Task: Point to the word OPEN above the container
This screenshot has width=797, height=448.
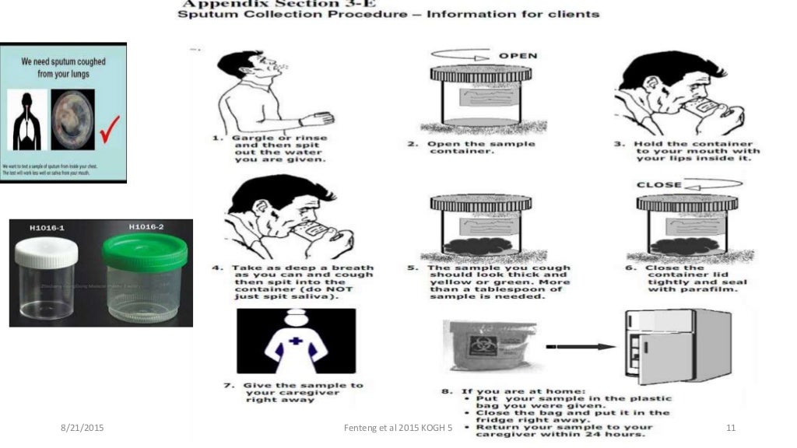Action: point(518,56)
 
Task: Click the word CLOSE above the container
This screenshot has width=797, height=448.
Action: point(658,185)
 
